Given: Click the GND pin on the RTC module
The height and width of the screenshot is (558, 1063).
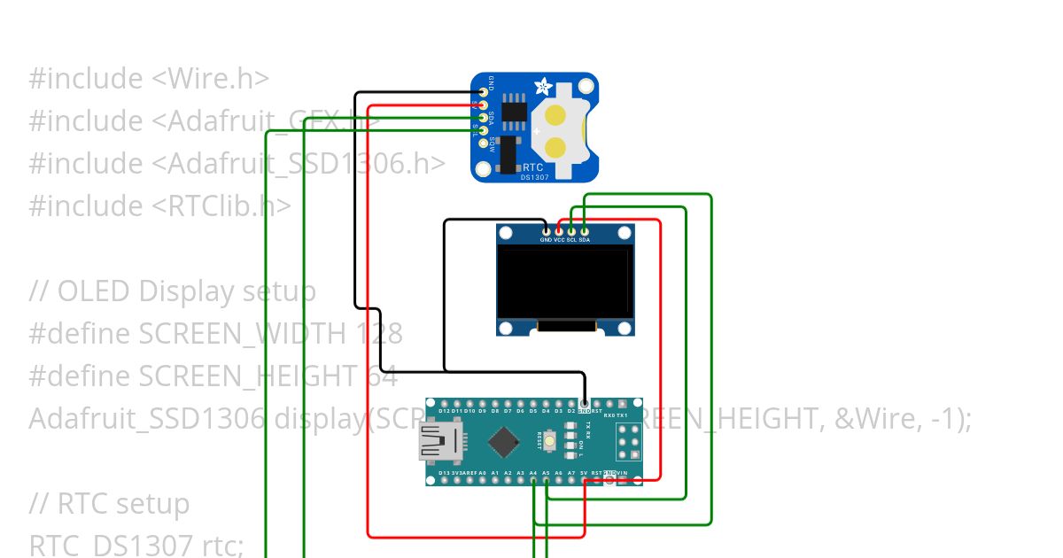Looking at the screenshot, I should (x=483, y=91).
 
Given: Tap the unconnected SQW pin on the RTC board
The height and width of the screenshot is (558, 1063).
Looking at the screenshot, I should (x=483, y=142).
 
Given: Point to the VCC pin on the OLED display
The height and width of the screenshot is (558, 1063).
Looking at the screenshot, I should (x=558, y=231).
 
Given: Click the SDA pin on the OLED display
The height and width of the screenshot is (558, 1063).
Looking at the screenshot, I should (x=584, y=231).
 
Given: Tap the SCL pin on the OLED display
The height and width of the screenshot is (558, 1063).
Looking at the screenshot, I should (x=571, y=231).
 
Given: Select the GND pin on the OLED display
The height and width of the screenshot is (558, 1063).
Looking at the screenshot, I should (x=546, y=231).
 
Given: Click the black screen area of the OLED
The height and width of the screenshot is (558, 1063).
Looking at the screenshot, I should (x=564, y=282).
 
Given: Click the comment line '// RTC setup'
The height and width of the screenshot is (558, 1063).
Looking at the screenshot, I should (x=109, y=504).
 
